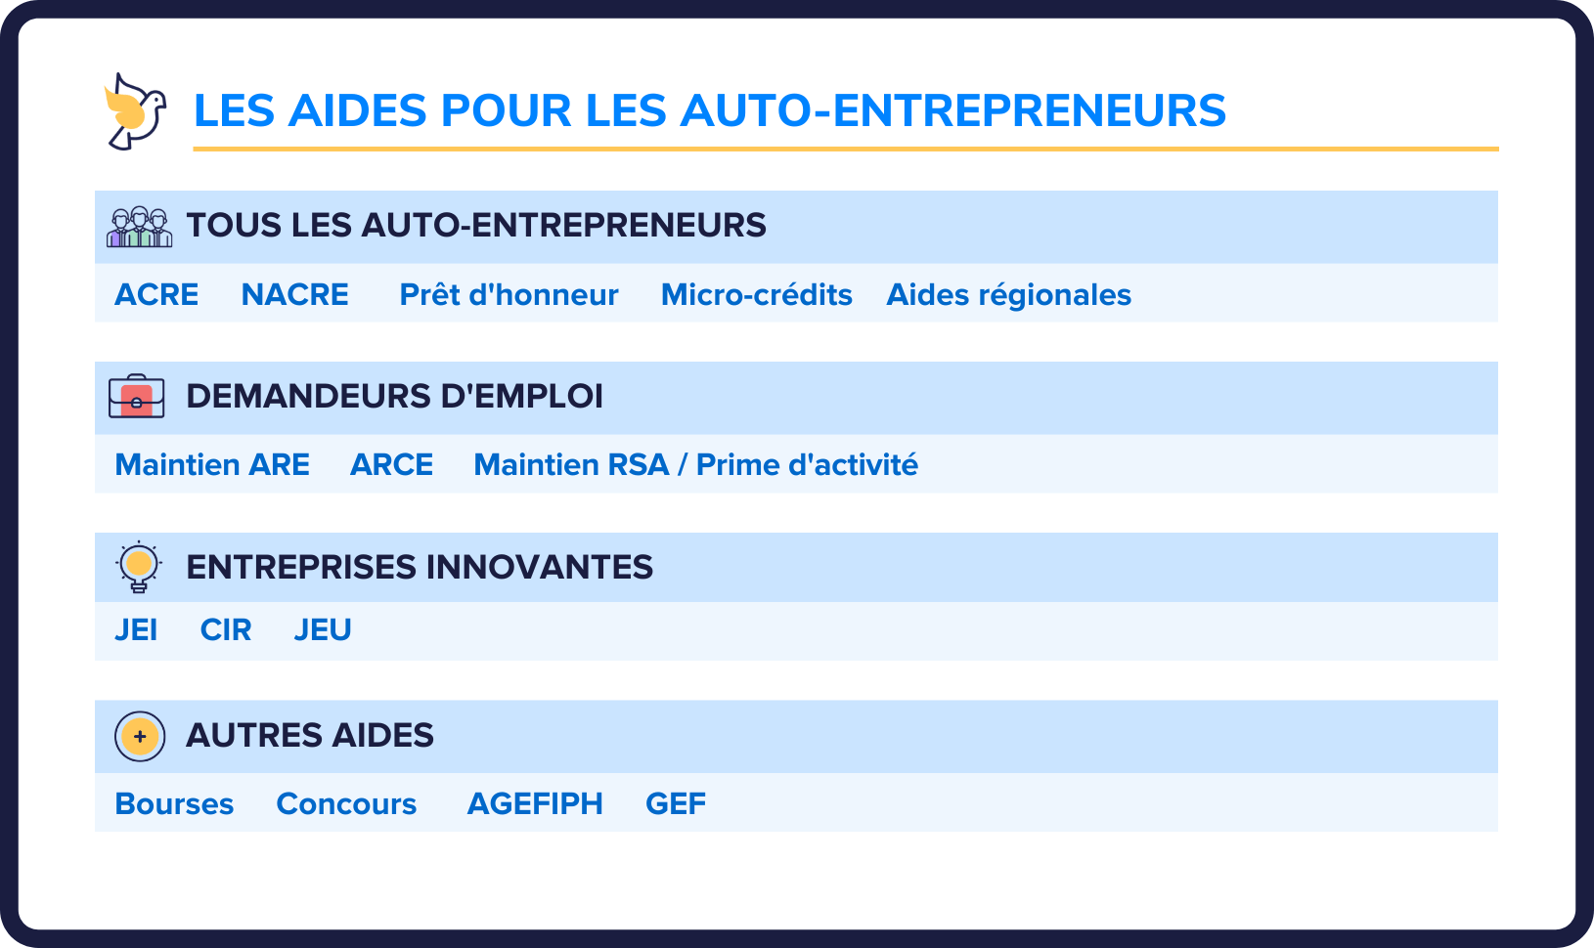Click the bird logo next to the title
[135, 110]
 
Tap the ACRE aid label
[156, 294]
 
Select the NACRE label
[294, 294]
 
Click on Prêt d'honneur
[509, 294]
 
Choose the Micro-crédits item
[756, 294]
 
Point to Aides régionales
[1008, 294]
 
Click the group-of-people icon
[139, 227]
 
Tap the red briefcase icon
[137, 397]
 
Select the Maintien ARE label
[212, 464]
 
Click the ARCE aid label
[391, 464]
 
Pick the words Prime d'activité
[807, 464]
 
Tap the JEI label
[136, 630]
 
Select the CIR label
[226, 630]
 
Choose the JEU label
[323, 630]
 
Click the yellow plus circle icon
[140, 736]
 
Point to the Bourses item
[174, 803]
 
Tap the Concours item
[346, 803]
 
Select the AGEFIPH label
[535, 803]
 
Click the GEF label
[676, 803]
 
